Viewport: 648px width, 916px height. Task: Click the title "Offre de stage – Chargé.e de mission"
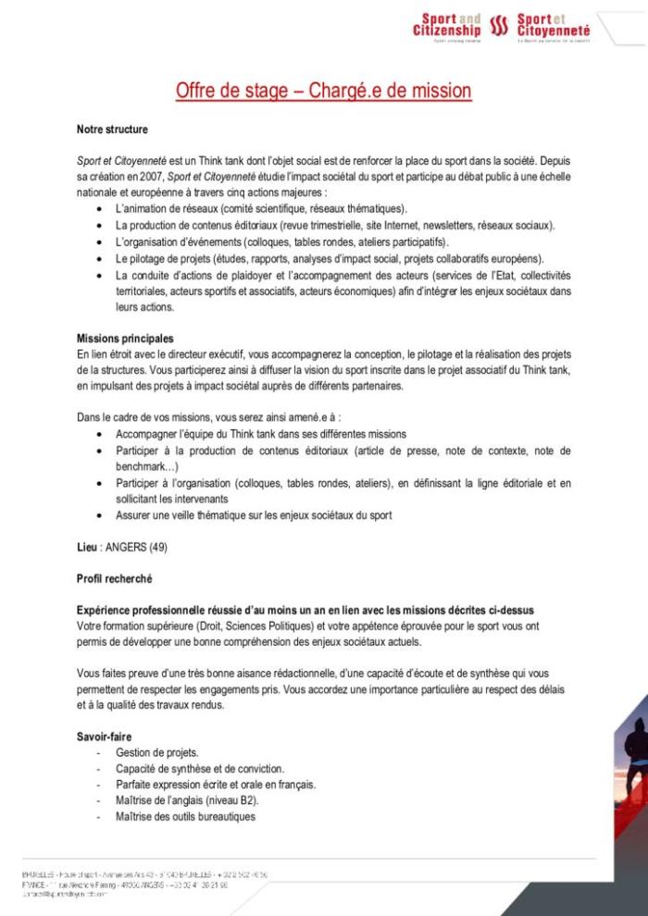(x=324, y=90)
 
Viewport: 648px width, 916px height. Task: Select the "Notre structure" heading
(x=112, y=130)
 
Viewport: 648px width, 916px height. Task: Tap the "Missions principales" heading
(x=125, y=339)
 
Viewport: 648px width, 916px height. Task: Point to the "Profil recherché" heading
(x=114, y=578)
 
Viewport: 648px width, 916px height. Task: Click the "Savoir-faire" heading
(x=105, y=737)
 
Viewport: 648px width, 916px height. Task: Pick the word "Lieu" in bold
(x=86, y=547)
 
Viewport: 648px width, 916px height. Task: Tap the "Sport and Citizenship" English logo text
(x=447, y=25)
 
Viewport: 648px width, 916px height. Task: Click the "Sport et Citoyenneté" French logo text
(x=554, y=25)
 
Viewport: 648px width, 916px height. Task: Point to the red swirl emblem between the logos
(x=500, y=26)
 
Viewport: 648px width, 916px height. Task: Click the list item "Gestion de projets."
(x=157, y=752)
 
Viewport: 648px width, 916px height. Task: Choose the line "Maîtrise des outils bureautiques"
(x=185, y=816)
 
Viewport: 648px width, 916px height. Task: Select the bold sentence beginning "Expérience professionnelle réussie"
(x=305, y=611)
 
